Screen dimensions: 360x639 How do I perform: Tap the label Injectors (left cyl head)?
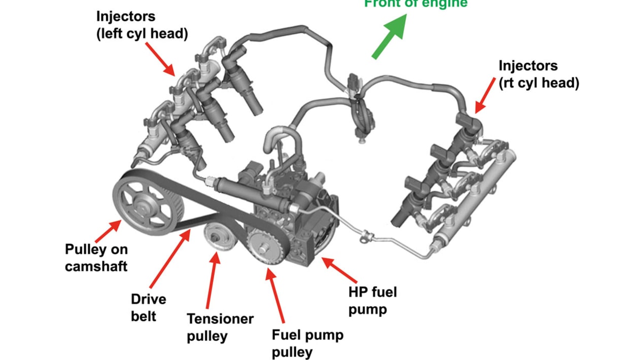pyautogui.click(x=142, y=25)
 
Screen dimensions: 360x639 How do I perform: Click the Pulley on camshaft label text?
pyautogui.click(x=96, y=258)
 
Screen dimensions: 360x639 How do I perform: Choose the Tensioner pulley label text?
pyautogui.click(x=220, y=327)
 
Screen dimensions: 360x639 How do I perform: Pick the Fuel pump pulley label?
pyautogui.click(x=307, y=343)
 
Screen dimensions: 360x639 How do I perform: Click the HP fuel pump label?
pyautogui.click(x=373, y=300)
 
